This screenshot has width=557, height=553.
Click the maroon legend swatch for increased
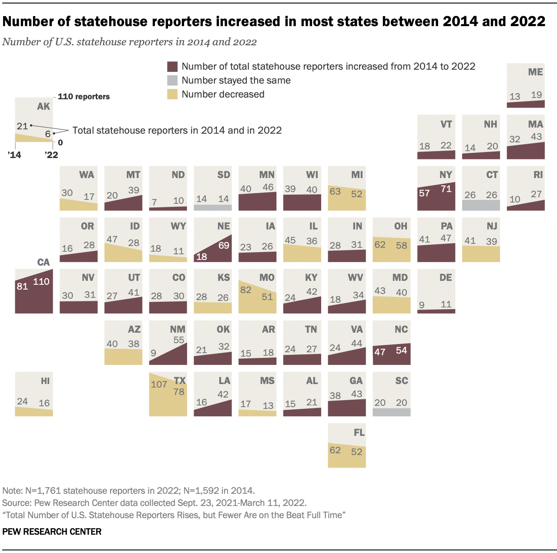point(173,67)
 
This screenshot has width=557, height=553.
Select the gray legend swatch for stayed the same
point(173,81)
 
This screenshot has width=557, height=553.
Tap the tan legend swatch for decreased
point(173,94)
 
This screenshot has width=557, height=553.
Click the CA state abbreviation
point(44,262)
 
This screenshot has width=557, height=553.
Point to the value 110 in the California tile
point(41,282)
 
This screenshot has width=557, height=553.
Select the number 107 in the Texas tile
point(159,384)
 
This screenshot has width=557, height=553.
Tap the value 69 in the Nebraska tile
point(224,246)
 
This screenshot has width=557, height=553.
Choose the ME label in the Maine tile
point(535,72)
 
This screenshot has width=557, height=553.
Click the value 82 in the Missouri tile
point(246,290)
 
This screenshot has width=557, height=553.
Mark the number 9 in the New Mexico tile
point(154,353)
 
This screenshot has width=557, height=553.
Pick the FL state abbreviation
point(359,432)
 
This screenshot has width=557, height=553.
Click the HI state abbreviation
point(45,381)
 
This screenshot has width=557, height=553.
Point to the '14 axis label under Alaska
point(14,155)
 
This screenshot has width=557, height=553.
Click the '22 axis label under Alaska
point(51,155)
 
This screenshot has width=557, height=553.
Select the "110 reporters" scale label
point(84,97)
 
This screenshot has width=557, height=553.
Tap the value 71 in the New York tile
point(446,189)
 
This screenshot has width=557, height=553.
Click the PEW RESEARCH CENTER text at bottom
point(52,532)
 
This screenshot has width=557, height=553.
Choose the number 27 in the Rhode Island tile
point(537,194)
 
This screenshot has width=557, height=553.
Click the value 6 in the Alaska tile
point(48,134)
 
